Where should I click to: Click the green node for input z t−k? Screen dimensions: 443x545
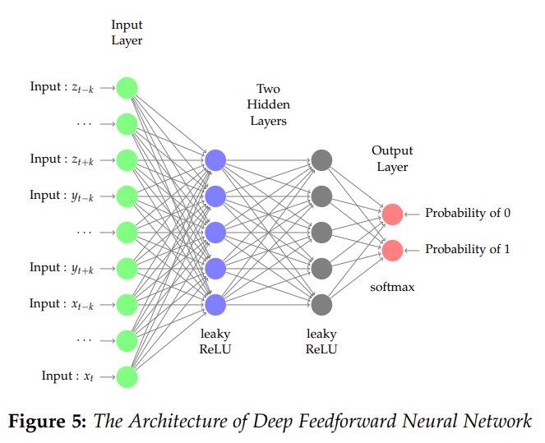[127, 87]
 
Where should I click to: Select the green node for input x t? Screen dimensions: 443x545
[127, 376]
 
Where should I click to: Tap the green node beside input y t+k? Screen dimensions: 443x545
[127, 268]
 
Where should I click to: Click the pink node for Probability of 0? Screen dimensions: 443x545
[393, 214]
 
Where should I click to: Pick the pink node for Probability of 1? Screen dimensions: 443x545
[393, 249]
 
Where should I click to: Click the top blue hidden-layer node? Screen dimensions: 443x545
[215, 160]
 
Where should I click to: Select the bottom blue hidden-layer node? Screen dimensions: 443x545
[215, 304]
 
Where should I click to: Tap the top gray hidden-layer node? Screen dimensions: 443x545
[321, 160]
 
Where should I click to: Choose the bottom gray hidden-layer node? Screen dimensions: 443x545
[321, 304]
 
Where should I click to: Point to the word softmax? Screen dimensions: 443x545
[392, 288]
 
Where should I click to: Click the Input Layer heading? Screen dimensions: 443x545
[127, 33]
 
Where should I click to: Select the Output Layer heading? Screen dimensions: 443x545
[392, 159]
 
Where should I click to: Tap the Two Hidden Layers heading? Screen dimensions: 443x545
[268, 104]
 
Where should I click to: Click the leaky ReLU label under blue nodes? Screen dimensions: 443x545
[215, 341]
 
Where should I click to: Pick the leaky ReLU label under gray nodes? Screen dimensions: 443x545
[321, 341]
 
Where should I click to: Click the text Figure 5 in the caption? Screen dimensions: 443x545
[46, 422]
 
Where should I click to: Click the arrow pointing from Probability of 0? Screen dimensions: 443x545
[412, 214]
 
